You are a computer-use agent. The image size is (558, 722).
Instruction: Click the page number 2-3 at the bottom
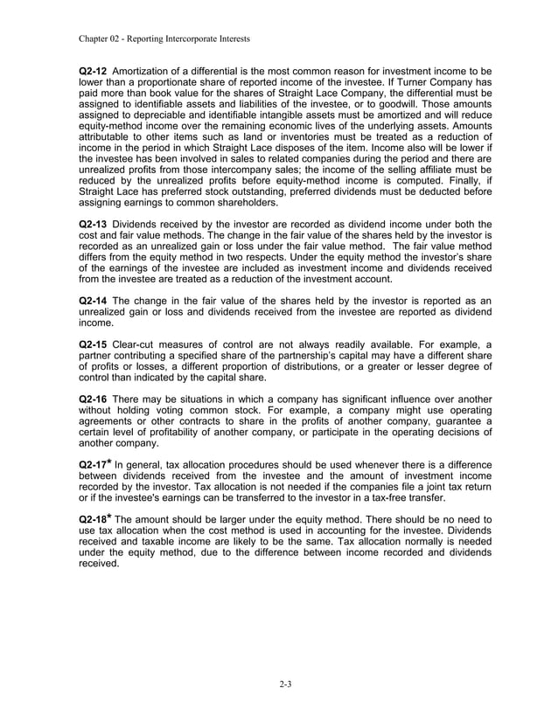click(x=279, y=684)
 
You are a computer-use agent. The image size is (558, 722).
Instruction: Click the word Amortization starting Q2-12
click(x=147, y=70)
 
